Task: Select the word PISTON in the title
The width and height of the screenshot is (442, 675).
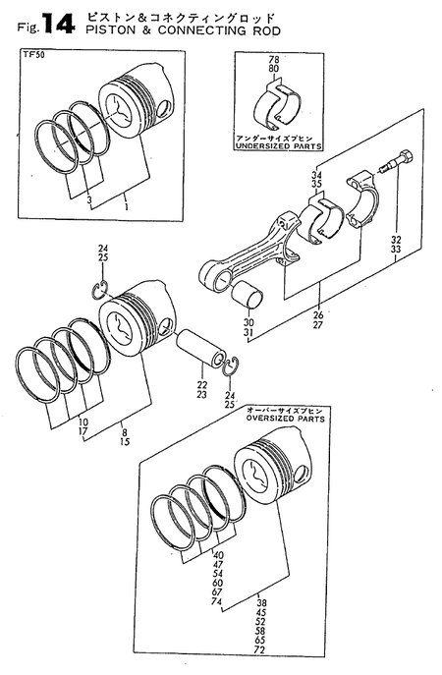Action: point(108,30)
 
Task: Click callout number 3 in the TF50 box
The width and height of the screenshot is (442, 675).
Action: point(89,200)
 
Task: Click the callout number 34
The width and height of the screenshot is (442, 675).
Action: point(316,174)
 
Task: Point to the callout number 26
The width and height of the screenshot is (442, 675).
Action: point(318,314)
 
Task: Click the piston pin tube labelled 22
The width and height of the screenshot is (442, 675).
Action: point(202,352)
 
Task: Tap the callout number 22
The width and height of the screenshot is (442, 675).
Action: point(202,384)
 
